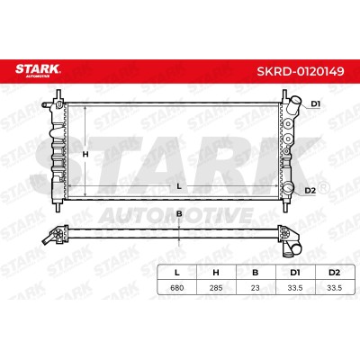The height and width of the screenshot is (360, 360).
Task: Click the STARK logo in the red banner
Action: click(x=38, y=70)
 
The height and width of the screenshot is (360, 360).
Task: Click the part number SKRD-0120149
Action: click(x=301, y=71)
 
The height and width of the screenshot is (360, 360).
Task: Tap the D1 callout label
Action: click(x=315, y=104)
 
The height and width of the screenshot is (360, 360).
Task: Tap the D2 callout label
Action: click(x=310, y=191)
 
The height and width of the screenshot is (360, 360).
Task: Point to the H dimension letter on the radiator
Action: click(x=85, y=155)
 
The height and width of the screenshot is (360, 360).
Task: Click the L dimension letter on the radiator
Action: click(x=179, y=186)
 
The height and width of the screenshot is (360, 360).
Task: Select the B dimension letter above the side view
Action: click(x=179, y=214)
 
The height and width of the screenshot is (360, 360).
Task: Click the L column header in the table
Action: click(x=177, y=273)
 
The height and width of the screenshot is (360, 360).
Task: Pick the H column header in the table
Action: click(x=216, y=273)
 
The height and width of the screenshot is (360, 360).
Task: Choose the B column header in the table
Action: click(x=256, y=273)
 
